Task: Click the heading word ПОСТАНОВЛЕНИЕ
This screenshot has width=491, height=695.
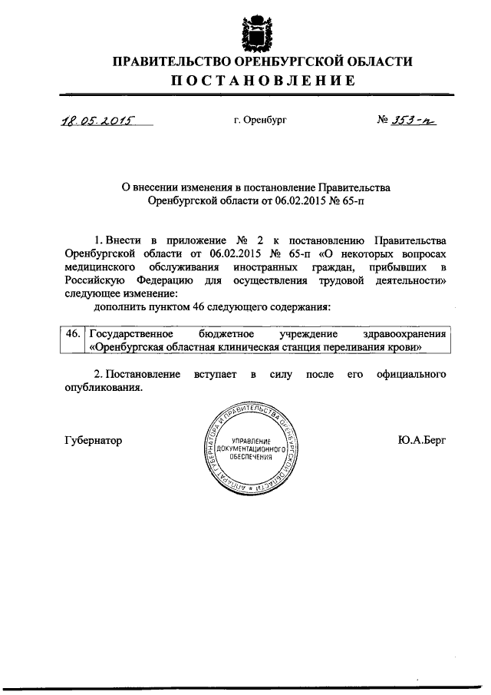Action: pos(262,81)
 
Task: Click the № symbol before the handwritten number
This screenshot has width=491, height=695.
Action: pos(386,121)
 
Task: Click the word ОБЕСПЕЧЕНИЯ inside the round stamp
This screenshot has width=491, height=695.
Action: pos(252,456)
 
